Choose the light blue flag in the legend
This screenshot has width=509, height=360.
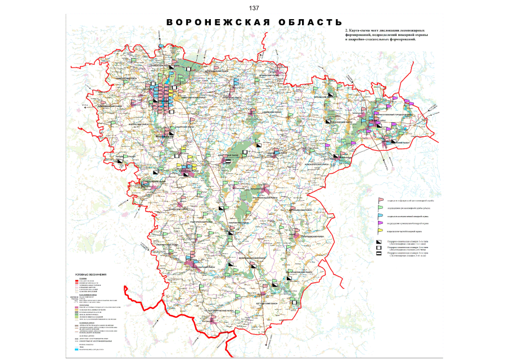(x=381, y=215)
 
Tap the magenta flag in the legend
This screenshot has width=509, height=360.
(x=381, y=223)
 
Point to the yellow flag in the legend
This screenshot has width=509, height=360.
(x=381, y=231)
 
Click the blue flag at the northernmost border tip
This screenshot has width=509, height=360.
(x=161, y=45)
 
